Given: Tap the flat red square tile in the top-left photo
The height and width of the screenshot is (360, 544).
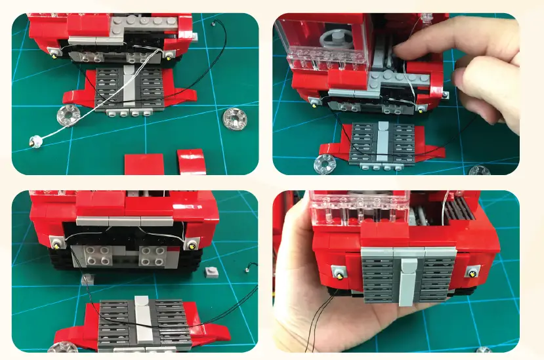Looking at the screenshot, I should (x=144, y=163).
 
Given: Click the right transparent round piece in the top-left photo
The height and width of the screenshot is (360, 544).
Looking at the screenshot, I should (x=233, y=118).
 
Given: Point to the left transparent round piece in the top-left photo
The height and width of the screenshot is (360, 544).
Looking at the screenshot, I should (x=67, y=115).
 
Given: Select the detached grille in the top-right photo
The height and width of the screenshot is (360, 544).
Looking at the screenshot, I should (x=385, y=142).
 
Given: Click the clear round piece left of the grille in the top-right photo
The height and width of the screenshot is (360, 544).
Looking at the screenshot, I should (x=325, y=165).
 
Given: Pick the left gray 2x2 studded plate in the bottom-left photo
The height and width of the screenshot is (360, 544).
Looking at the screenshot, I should (x=90, y=256).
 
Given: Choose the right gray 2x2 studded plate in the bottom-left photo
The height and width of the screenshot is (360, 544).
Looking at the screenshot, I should (x=156, y=255).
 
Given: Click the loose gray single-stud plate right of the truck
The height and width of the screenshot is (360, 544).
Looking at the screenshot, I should (x=213, y=271).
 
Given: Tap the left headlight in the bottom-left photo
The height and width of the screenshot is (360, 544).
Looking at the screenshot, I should (x=58, y=245).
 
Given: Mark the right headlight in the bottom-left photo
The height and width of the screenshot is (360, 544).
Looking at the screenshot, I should (x=192, y=245).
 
